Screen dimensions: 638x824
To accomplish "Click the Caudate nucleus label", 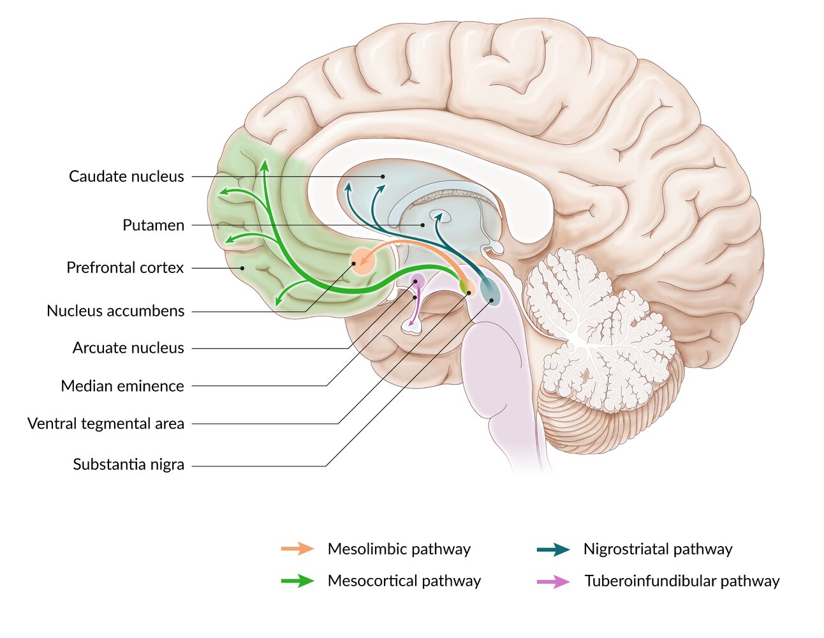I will [126, 176].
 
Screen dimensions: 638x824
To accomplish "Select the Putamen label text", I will [153, 225].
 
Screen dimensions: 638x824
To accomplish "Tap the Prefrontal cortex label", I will [125, 268].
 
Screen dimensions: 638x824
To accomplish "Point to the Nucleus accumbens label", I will [115, 311].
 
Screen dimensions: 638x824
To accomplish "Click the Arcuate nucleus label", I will [128, 348].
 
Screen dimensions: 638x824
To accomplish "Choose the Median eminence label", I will [122, 386].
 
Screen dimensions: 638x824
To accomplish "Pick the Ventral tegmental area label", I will [106, 424].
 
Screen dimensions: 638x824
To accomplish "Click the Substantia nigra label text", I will [128, 464].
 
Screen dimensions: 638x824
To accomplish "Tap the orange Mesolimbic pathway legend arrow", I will [297, 549].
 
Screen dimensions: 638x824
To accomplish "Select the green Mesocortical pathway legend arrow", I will [297, 581].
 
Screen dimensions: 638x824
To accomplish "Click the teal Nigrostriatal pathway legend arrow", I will [553, 549].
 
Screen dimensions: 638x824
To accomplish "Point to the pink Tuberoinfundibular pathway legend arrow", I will [553, 581].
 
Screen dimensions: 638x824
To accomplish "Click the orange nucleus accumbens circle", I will [362, 261].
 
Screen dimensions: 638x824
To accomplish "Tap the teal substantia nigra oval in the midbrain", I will [490, 290].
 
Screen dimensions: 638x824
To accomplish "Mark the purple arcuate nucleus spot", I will [418, 280].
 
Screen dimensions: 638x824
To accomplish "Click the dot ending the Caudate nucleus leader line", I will [383, 176].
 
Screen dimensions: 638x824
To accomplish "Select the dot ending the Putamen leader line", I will [422, 225].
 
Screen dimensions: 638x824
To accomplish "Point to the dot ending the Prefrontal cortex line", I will [242, 268].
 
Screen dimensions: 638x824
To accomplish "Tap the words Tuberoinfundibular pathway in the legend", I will [682, 581].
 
